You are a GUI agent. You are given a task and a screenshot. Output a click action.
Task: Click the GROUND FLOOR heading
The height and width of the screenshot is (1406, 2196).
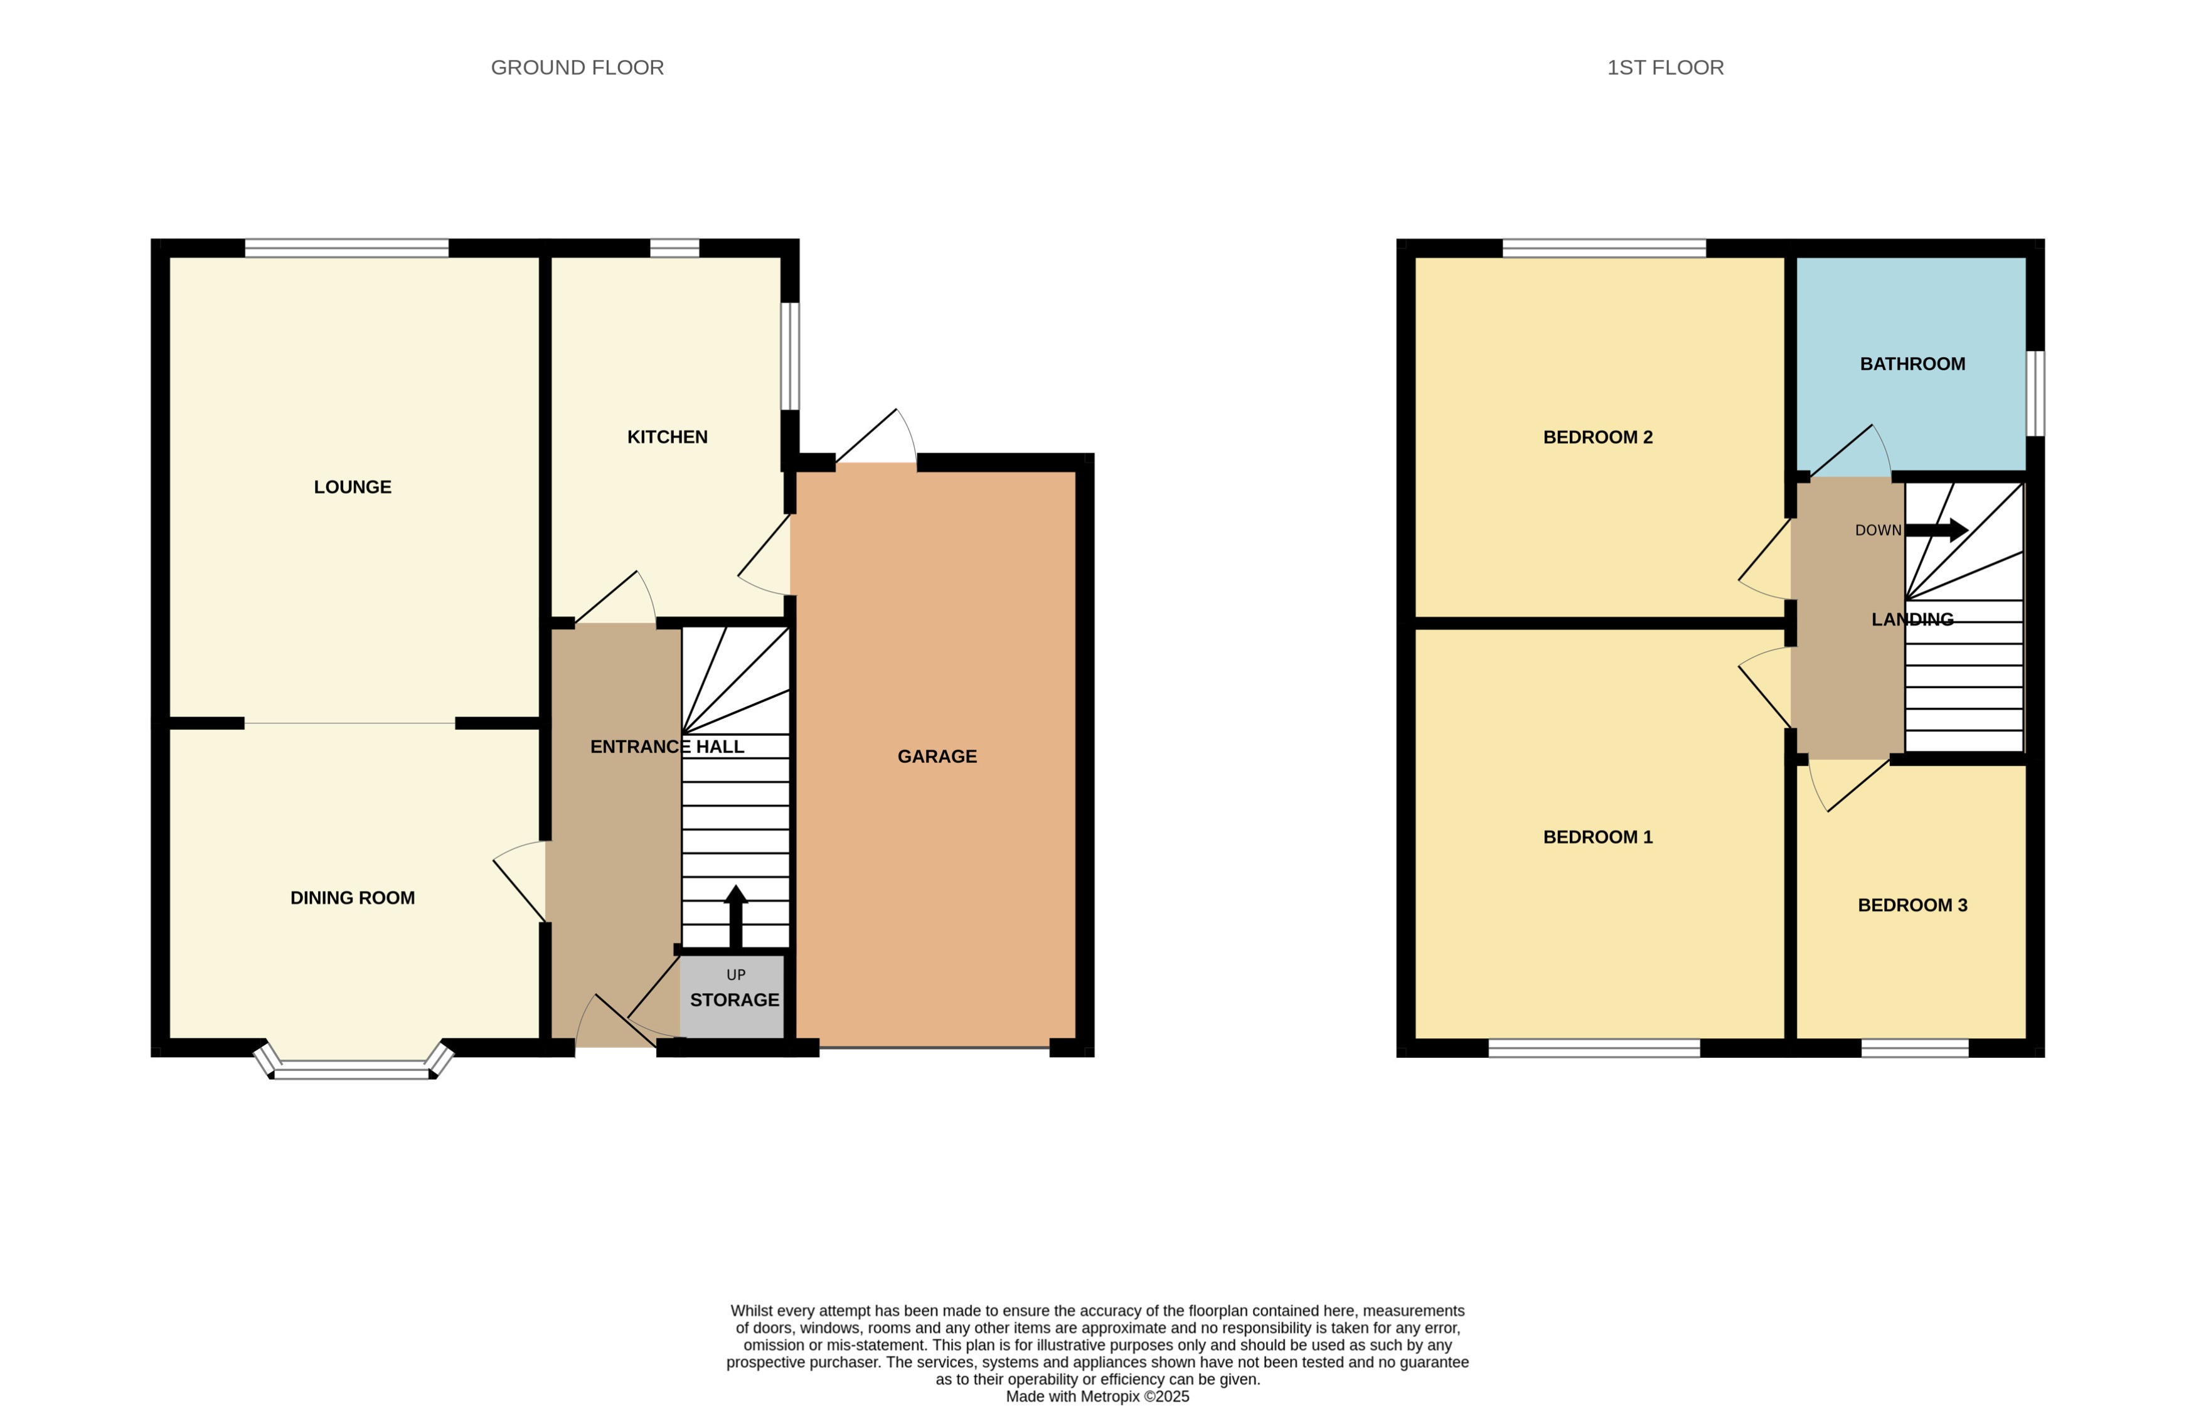tap(577, 68)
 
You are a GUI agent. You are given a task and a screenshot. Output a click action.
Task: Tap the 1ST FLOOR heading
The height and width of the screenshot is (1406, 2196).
tap(1665, 68)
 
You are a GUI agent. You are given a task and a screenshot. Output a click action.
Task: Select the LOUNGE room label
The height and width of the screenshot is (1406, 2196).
tap(353, 487)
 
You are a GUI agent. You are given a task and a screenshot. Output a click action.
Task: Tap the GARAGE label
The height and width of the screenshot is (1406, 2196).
tap(937, 757)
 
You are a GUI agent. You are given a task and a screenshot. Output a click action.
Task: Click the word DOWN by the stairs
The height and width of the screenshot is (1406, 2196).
tap(1877, 530)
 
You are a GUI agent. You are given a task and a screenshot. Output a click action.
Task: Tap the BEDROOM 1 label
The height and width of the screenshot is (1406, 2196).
tap(1597, 837)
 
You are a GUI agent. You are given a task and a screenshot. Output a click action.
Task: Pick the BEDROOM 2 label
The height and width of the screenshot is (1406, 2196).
tap(1597, 437)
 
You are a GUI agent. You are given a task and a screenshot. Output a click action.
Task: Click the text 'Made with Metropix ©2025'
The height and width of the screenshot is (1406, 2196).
tap(1097, 1397)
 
